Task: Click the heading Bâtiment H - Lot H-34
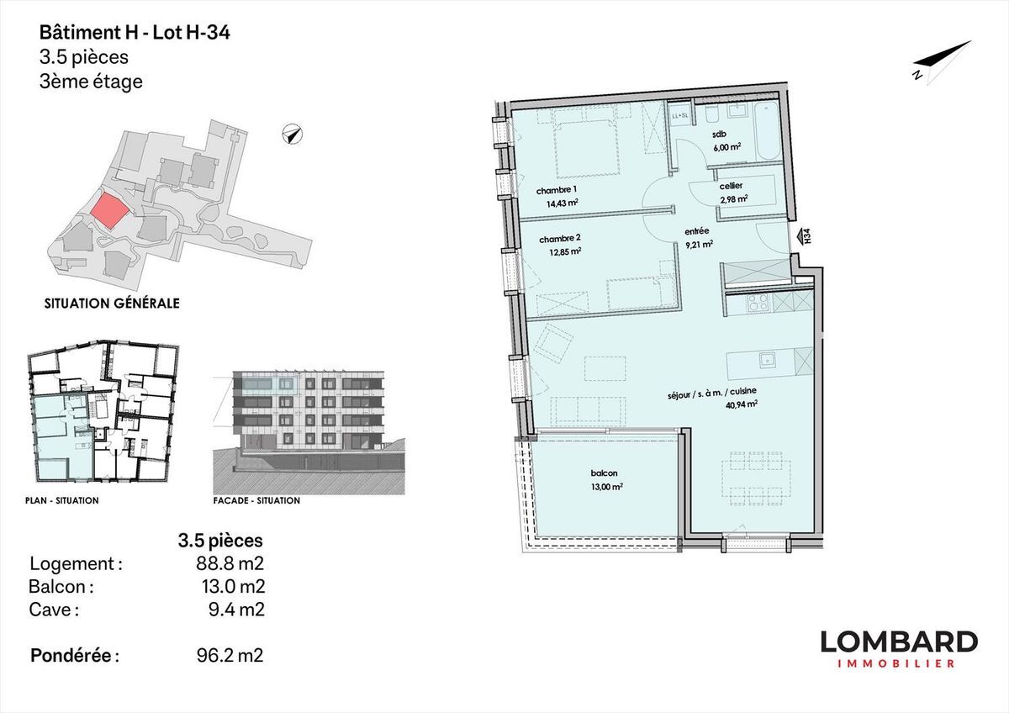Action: [x=135, y=33]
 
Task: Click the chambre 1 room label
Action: [x=557, y=191]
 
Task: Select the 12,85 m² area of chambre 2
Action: [x=565, y=251]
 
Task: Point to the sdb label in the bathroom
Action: [x=720, y=135]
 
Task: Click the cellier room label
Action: [x=731, y=186]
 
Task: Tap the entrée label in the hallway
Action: [x=697, y=231]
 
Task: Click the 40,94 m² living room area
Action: [x=741, y=404]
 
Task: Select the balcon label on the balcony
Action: [x=604, y=473]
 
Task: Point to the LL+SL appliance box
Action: [x=679, y=116]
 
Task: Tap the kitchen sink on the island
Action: [x=765, y=359]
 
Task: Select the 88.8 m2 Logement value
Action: [x=230, y=563]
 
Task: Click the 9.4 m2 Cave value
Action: [x=236, y=610]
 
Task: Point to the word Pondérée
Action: [x=71, y=655]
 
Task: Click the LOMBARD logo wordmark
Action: [x=899, y=642]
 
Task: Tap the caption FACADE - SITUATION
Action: [x=256, y=500]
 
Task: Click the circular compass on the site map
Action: [x=293, y=135]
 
